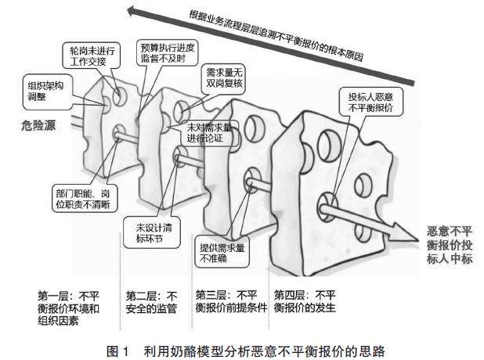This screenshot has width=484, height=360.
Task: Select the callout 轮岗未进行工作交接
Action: [x=84, y=54]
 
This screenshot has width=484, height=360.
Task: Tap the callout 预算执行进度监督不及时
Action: [x=162, y=52]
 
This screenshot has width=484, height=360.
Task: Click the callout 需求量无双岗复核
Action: [x=220, y=78]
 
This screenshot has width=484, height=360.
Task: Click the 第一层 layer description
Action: [x=70, y=307]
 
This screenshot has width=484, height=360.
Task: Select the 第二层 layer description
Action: [x=152, y=301]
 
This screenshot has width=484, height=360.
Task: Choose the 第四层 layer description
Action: [x=305, y=301]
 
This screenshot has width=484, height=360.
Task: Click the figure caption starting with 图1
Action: [x=243, y=344]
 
